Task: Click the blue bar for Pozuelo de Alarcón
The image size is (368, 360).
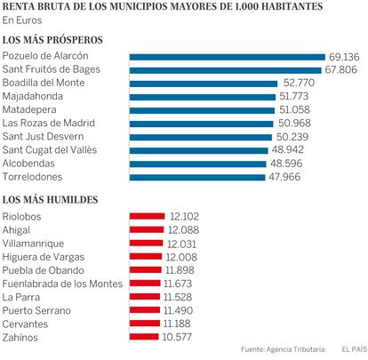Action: (x=228, y=57)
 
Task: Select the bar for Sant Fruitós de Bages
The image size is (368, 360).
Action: (x=226, y=70)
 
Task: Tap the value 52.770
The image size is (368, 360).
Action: (x=299, y=83)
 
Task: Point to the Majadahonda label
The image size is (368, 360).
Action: (x=33, y=97)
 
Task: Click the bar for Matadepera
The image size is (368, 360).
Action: (x=202, y=110)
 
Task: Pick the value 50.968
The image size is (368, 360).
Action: (x=294, y=123)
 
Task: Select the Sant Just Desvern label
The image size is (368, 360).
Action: (x=43, y=136)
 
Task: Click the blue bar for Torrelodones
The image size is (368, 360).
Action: (x=197, y=178)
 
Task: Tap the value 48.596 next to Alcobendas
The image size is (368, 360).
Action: (x=286, y=164)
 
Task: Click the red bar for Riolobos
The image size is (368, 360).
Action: (x=147, y=216)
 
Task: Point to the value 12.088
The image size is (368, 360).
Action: (x=183, y=230)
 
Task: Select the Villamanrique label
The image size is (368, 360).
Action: (x=33, y=244)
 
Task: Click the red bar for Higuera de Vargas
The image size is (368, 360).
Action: (x=146, y=257)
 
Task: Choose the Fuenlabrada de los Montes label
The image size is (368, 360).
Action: (x=62, y=284)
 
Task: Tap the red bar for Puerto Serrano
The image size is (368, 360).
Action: (x=145, y=310)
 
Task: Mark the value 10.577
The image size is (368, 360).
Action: (x=177, y=337)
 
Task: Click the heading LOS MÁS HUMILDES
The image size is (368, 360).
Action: (x=50, y=200)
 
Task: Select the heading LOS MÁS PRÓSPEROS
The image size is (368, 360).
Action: (x=52, y=40)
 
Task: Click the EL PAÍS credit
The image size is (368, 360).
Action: (x=355, y=349)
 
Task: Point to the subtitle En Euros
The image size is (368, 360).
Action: (x=22, y=20)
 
